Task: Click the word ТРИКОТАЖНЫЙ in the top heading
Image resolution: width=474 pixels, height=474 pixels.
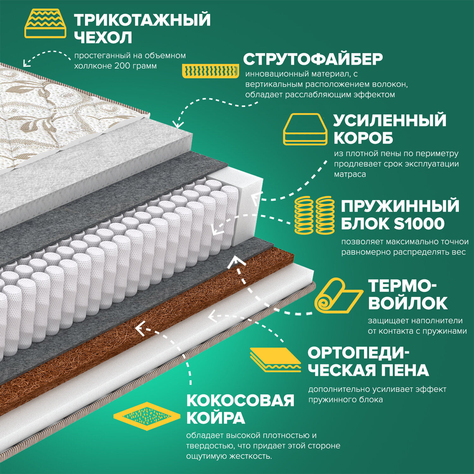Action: [142, 20]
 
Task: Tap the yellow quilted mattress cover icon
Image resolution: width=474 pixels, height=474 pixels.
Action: [46, 24]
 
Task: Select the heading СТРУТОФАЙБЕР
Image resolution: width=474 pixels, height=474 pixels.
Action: [313, 59]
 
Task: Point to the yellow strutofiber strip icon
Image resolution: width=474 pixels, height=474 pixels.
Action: [210, 71]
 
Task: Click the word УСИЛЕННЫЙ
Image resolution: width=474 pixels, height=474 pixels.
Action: [390, 120]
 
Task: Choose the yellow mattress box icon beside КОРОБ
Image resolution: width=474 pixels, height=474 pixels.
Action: [305, 129]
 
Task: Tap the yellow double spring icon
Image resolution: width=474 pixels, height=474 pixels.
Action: [314, 215]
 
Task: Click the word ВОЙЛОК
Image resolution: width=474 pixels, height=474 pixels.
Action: [408, 303]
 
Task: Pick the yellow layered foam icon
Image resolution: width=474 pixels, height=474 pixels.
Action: [275, 360]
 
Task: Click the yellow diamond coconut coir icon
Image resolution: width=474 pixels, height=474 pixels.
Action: [147, 416]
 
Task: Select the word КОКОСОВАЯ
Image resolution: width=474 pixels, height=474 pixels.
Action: [240, 401]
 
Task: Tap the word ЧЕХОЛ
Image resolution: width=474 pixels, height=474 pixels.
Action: [103, 38]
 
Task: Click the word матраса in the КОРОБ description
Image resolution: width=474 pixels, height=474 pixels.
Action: [350, 174]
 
